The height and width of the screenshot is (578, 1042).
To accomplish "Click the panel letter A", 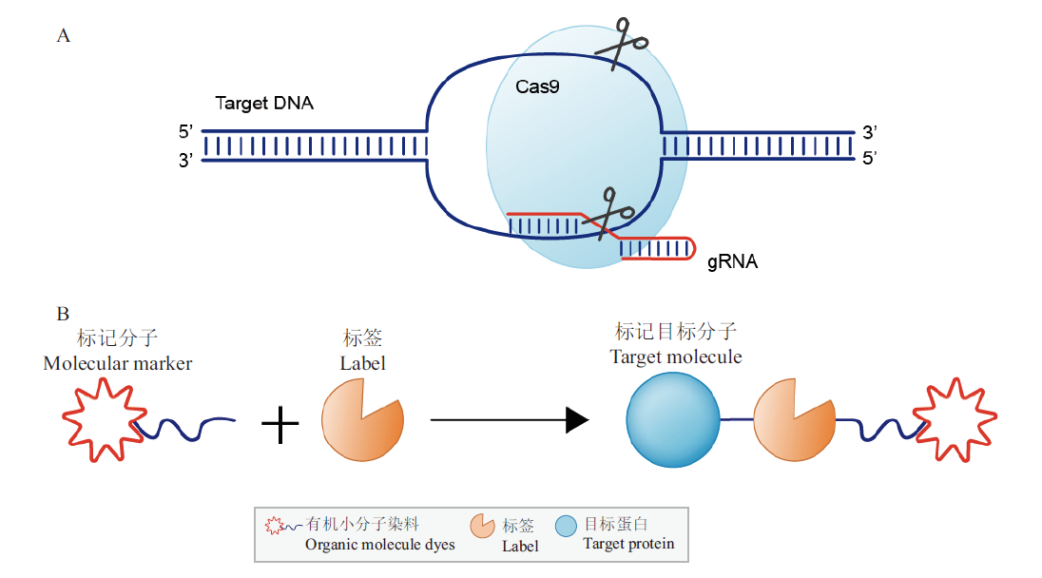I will point(64,36).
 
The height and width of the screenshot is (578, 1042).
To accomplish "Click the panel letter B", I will point(63,313).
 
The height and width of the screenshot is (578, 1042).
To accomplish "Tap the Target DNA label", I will point(264,104).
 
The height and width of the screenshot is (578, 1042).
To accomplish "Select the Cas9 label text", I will point(537,87).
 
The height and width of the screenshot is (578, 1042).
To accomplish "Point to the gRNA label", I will point(732,261).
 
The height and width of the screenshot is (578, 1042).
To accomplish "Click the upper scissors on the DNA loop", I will point(620,43).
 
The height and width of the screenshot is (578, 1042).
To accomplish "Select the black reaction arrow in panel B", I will point(510,419).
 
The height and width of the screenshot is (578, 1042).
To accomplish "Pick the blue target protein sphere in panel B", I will point(673,418).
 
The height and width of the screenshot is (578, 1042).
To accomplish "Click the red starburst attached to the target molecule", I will point(954,418).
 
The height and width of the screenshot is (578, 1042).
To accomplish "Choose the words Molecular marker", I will point(118,364).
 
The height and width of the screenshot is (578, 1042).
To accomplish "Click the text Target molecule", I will point(676,357).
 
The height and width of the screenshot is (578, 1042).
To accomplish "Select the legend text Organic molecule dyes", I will point(379,545).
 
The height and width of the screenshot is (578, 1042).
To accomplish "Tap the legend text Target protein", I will point(628,544).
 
